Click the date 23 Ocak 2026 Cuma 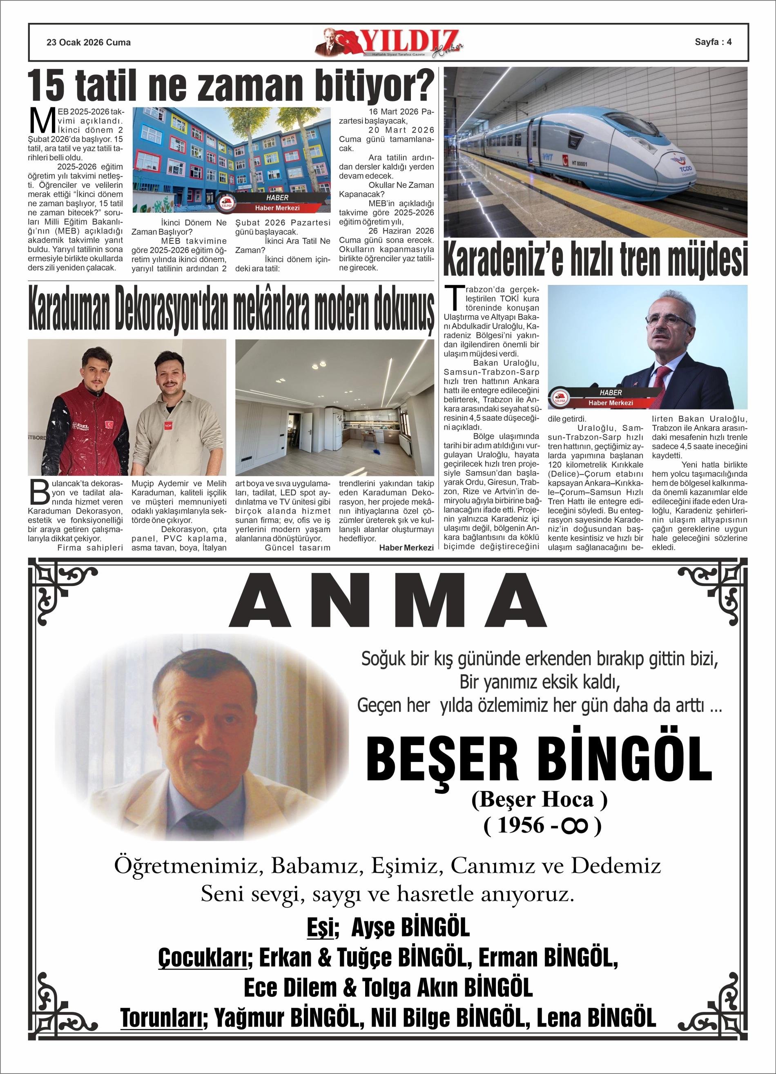88,42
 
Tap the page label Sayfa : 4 713,42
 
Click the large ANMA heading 388,600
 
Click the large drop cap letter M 42,121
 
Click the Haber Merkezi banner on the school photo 277,208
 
